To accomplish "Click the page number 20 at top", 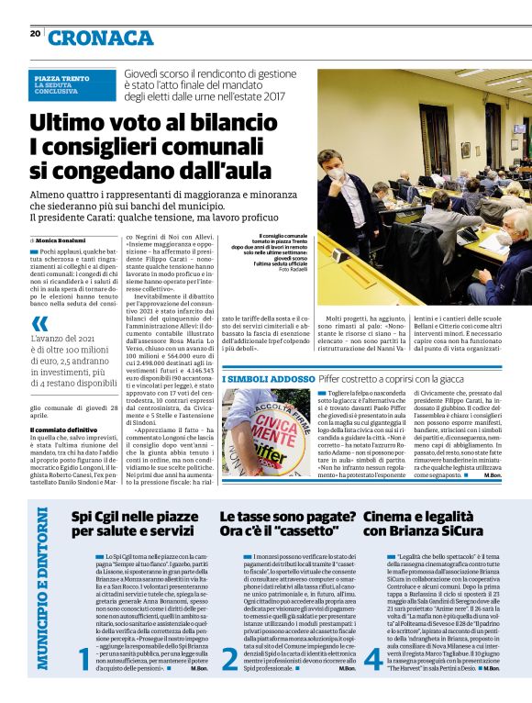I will click(36, 34).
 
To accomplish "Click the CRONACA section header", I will click(101, 38).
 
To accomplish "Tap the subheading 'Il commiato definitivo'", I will click(63, 430).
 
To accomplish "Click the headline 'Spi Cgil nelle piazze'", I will click(129, 517).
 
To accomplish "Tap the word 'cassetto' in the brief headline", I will click(304, 531).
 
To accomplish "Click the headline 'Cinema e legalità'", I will click(412, 517).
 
